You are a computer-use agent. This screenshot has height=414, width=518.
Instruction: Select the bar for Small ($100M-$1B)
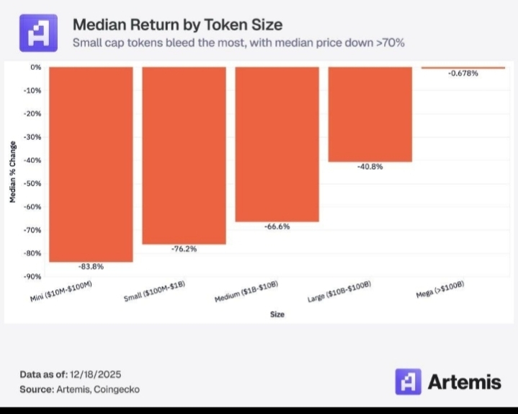coord(184,155)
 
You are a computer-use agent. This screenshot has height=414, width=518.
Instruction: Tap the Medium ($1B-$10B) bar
coord(277,144)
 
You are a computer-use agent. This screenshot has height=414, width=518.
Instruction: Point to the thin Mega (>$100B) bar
coord(463,68)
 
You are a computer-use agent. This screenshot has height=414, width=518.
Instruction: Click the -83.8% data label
coord(91,267)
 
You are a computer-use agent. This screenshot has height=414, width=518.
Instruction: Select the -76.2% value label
coord(184,249)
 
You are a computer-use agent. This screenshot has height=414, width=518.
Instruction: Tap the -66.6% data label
coord(277,226)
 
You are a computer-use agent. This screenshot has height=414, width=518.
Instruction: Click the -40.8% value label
coord(370,167)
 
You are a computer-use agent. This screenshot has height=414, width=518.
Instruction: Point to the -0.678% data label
coord(463,74)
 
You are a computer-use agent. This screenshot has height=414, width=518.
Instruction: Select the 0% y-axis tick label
coord(37,67)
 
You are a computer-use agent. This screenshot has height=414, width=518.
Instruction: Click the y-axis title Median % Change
coord(13,172)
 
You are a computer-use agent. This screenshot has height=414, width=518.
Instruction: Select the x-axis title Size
coord(277,314)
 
